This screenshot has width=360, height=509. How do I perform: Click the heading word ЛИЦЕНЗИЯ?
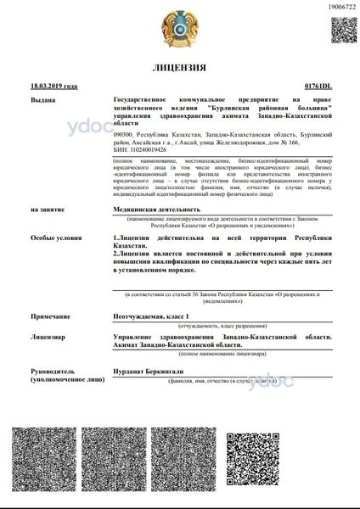point(179,67)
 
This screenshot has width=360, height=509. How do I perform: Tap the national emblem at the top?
point(179,28)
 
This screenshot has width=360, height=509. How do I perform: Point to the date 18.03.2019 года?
point(53,87)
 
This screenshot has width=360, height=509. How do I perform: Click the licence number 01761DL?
point(317,87)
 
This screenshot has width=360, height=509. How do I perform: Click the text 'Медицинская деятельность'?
point(157,208)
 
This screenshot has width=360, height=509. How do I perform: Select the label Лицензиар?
point(48,337)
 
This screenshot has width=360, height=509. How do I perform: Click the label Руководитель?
point(53,372)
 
